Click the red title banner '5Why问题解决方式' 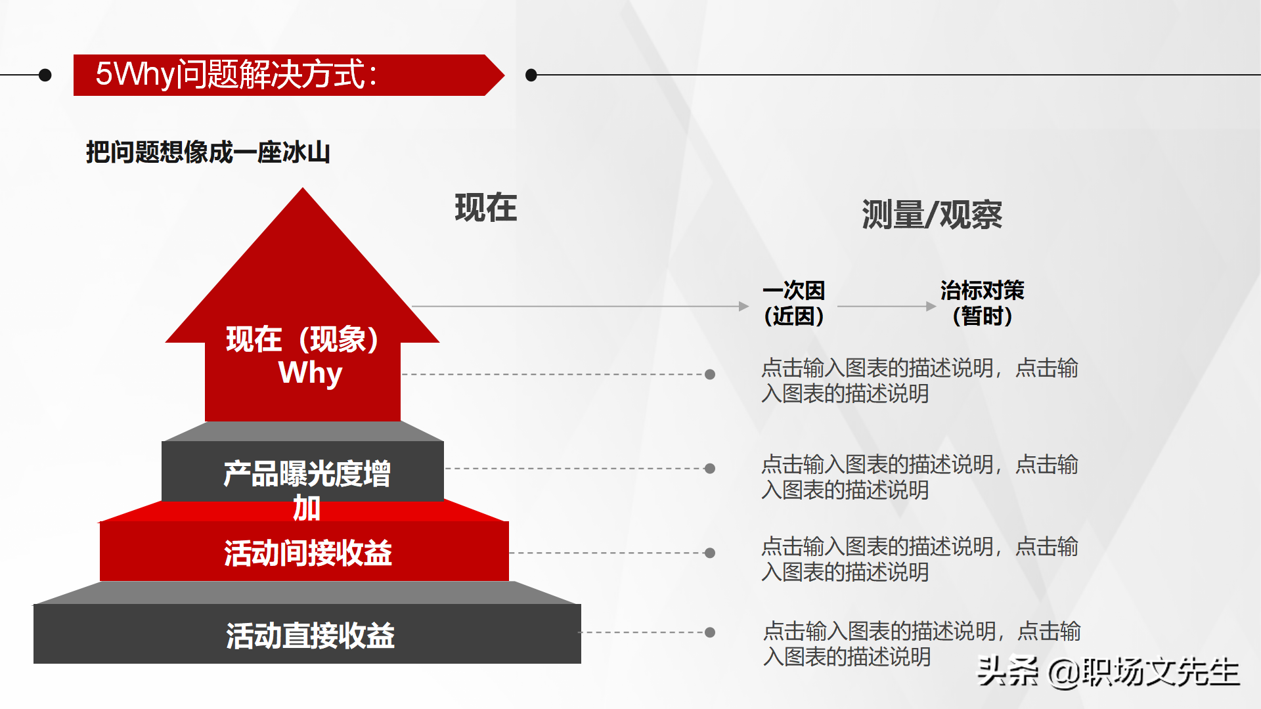282,75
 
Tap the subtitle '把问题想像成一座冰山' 208,152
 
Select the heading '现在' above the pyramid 486,208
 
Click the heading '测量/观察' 931,215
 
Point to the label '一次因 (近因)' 793,303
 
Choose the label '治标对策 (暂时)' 982,303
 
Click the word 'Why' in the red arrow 310,373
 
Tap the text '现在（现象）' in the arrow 303,339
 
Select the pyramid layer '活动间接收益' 307,553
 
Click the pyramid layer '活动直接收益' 310,635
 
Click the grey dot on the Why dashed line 710,374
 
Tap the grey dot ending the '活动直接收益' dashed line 710,632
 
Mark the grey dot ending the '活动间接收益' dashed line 710,553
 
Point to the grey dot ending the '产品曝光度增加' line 710,469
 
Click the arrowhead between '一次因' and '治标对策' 931,306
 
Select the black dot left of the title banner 45,75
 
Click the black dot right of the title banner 531,75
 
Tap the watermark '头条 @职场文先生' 1108,672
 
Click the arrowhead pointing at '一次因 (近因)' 743,306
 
